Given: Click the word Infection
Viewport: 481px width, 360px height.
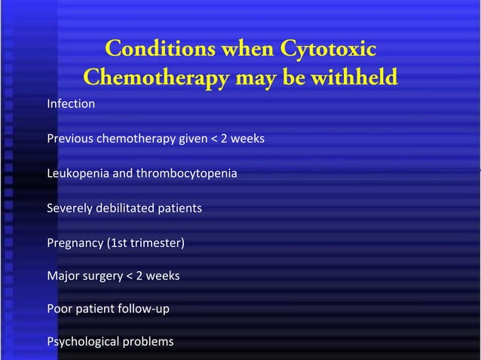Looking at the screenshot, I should click(71, 104).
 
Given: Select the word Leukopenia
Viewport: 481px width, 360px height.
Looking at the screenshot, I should click(78, 174).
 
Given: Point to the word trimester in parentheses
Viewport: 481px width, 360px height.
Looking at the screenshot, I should click(158, 243).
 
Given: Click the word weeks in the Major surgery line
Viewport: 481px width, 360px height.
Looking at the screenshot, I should click(162, 276).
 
